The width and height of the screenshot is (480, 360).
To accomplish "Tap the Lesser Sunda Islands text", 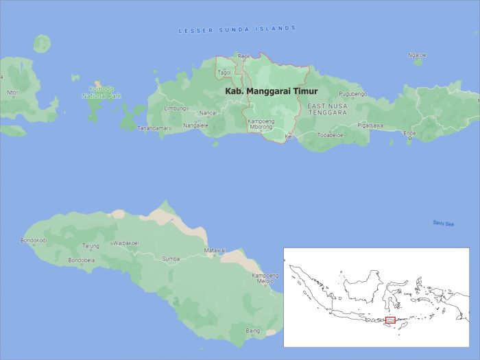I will pos(237,29).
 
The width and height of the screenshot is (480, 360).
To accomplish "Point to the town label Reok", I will pos(244,57).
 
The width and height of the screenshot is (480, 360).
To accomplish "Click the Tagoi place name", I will pos(224,72).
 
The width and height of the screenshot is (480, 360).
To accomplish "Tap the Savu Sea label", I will pos(443,224).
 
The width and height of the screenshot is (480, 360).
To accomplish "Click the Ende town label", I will pos(409,133).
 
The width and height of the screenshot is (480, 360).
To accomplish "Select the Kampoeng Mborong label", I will pos(261,124).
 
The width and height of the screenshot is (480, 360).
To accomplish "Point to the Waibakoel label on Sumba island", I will pos(125,243).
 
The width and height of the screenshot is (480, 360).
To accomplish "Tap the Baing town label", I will pos(253,331).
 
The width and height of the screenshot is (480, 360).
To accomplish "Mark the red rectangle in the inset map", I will pos(390,320).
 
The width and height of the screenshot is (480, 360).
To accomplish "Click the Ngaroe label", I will pos(417,55).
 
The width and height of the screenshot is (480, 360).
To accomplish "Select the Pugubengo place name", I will pos(353,94).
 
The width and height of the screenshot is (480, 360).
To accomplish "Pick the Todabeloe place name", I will pos(330,135).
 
